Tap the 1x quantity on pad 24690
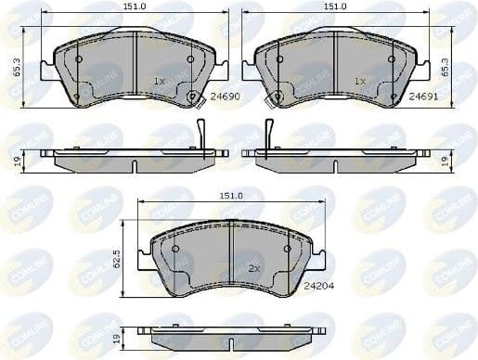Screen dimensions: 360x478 click(x=159, y=82)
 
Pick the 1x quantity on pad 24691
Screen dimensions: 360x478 click(x=360, y=82)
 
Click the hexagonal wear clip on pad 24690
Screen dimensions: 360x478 click(x=193, y=96)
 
